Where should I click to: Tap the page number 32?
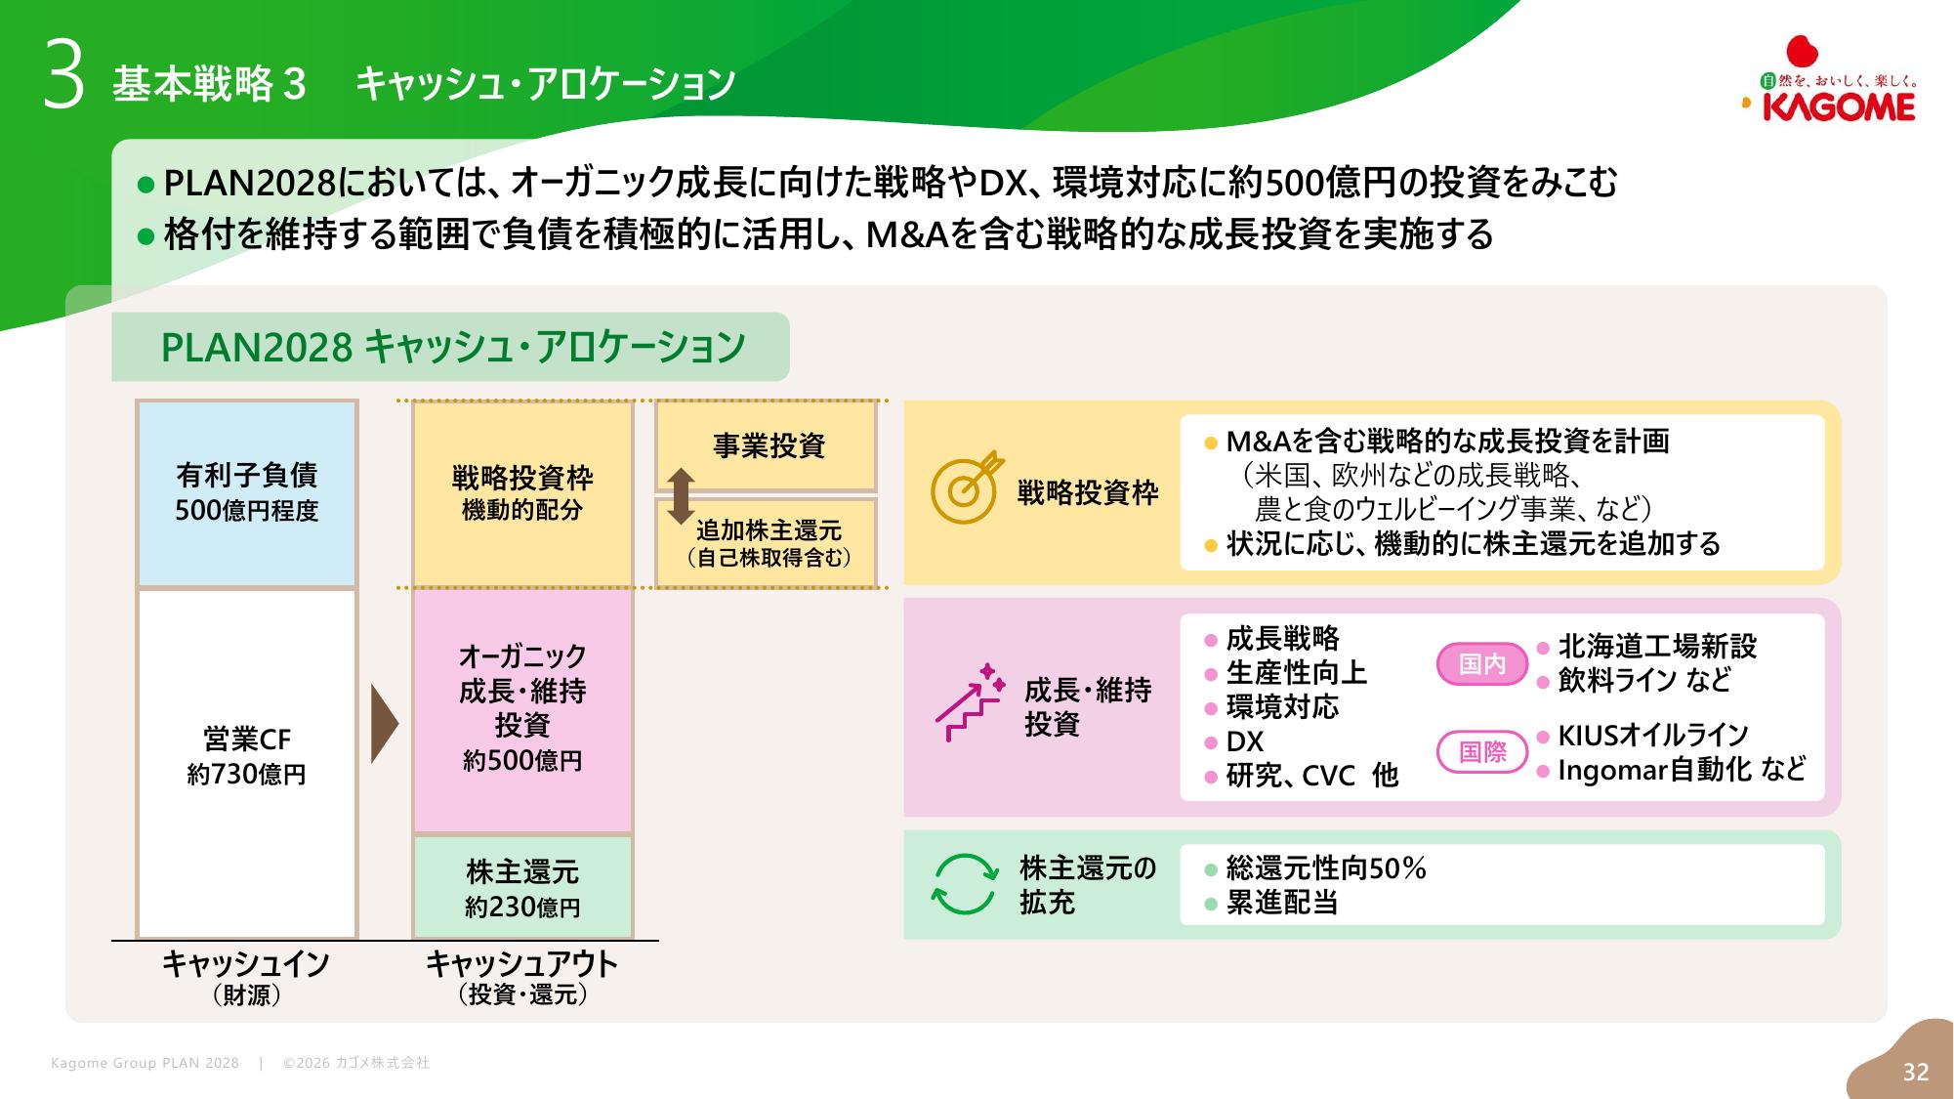tap(1915, 1072)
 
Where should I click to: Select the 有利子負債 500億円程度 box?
tap(247, 493)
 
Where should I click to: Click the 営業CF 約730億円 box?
tap(247, 762)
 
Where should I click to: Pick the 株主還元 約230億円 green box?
tap(522, 887)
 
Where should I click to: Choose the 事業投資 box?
tap(768, 446)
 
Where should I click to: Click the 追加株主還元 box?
tap(768, 543)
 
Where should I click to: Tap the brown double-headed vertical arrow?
tap(681, 496)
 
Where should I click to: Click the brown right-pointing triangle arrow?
tap(385, 724)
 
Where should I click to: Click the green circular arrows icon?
tap(964, 884)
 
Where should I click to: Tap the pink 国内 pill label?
tap(1481, 664)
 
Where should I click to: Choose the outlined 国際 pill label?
tap(1481, 751)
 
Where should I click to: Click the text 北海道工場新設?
tap(1657, 646)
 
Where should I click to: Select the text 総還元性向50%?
tap(1325, 867)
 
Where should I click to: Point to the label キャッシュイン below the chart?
tap(246, 964)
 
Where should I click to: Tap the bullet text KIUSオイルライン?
tap(1652, 735)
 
